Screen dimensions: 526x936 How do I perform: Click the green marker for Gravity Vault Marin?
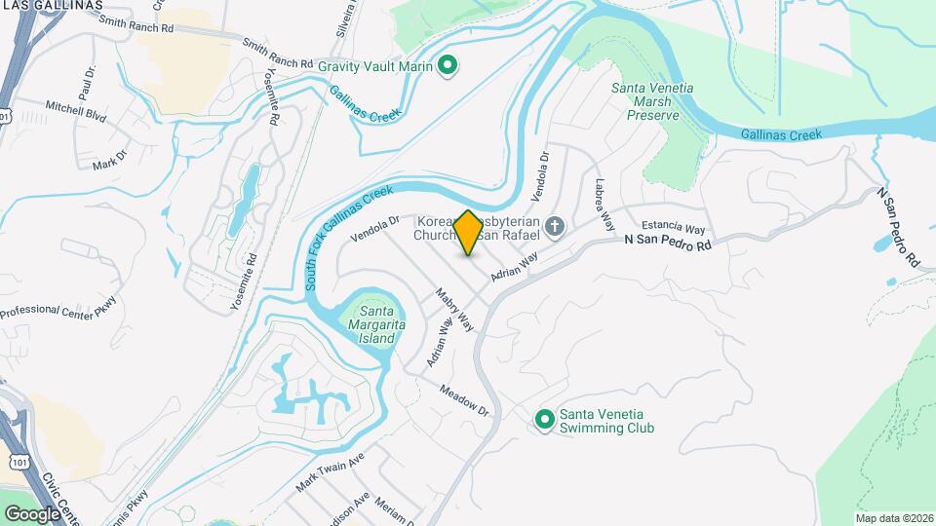[x=448, y=65]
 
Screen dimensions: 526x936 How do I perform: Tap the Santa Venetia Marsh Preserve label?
[x=652, y=101]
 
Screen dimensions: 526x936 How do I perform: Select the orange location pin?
[x=468, y=233]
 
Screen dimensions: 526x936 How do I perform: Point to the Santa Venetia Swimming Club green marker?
[x=544, y=420]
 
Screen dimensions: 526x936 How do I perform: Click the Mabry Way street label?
[x=454, y=309]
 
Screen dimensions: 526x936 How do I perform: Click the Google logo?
[x=31, y=513]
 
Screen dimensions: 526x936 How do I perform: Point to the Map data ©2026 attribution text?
[x=893, y=518]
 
